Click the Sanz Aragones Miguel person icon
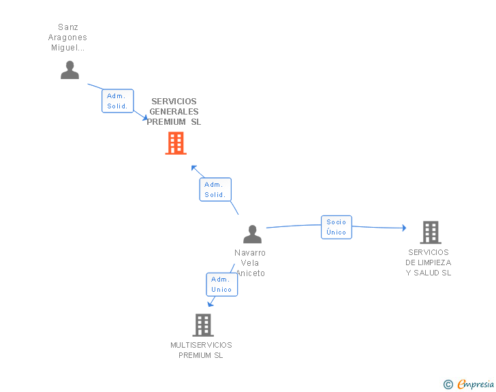69,70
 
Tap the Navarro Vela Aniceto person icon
252,235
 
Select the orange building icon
176,143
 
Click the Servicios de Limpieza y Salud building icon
430,232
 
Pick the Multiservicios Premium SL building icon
203,325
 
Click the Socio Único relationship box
337,227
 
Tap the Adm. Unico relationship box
221,284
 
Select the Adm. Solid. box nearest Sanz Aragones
117,101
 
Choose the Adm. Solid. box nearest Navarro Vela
215,190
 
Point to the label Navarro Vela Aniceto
250,262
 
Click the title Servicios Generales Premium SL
174,112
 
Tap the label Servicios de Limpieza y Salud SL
429,262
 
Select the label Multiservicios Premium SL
201,350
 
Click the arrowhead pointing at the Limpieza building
404,228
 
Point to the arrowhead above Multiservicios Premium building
210,304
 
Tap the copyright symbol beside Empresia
448,385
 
